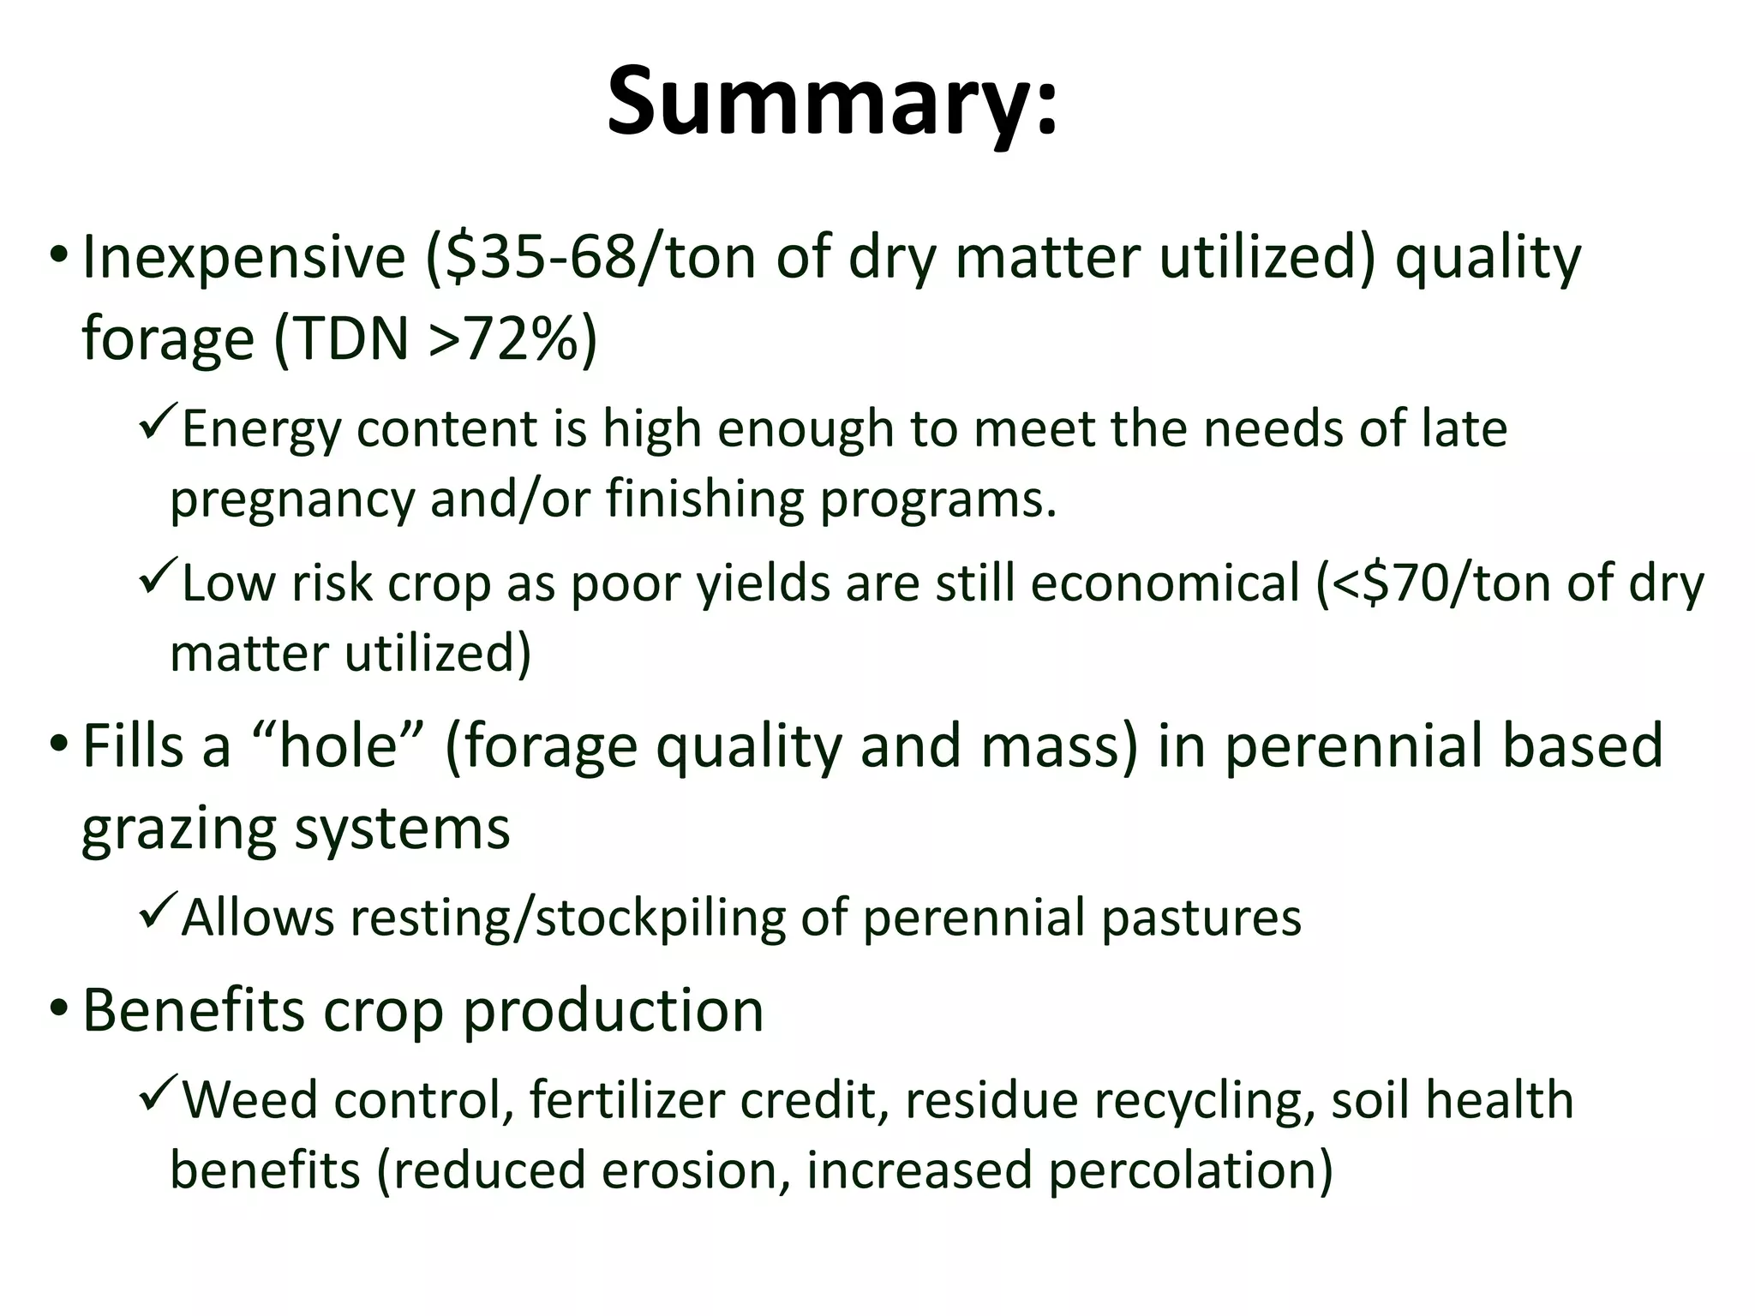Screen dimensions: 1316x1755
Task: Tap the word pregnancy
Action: click(292, 499)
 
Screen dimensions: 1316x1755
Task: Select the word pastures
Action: click(1201, 918)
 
